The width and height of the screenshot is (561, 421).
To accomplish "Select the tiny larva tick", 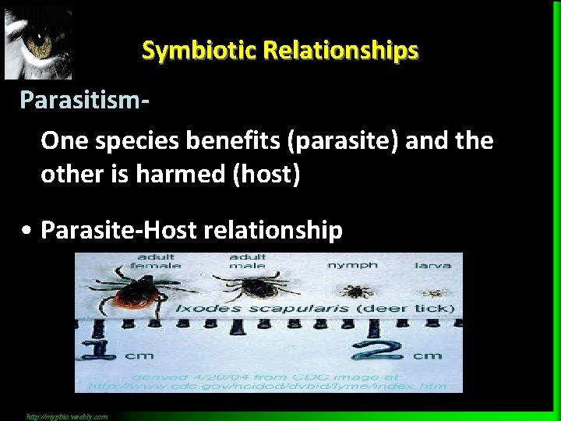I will pyautogui.click(x=432, y=293).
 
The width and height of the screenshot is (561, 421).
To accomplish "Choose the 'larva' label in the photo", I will pyautogui.click(x=432, y=266).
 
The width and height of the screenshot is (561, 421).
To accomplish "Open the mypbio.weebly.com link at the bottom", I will pyautogui.click(x=67, y=416).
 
